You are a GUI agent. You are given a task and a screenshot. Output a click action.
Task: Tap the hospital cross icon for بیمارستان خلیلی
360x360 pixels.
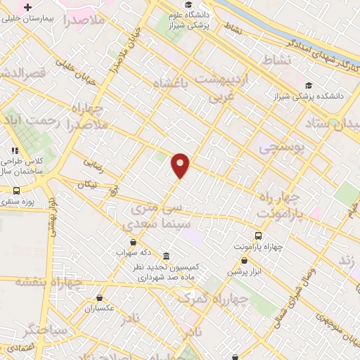(x=27, y=7)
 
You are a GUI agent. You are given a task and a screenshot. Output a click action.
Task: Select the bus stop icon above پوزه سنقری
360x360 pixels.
(x=16, y=191)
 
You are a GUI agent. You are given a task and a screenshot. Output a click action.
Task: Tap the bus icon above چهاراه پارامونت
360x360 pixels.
(x=259, y=236)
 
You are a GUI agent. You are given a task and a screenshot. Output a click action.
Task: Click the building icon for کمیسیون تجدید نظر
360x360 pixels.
(x=166, y=256)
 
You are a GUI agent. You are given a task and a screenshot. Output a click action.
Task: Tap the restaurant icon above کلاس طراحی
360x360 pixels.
(x=15, y=150)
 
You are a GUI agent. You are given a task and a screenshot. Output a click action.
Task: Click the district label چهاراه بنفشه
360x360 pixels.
(x=53, y=283)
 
